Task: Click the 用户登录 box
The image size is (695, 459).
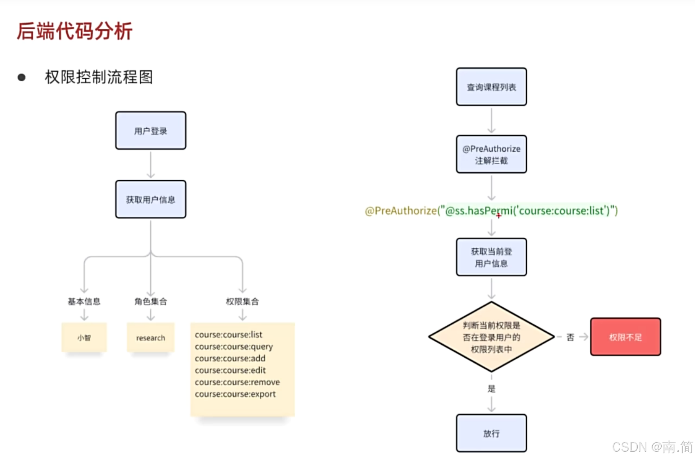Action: (151, 131)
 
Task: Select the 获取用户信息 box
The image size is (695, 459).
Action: (151, 199)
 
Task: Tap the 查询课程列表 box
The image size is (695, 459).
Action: (491, 87)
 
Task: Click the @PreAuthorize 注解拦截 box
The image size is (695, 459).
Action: (491, 154)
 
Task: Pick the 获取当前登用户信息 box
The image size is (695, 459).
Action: (491, 257)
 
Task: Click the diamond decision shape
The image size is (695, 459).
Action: (491, 337)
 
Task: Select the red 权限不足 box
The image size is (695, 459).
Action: (625, 337)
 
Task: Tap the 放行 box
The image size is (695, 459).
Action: (491, 433)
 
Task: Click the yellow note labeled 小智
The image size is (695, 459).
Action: (84, 337)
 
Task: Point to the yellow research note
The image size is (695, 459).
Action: (151, 337)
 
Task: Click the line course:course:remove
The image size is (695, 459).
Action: (237, 382)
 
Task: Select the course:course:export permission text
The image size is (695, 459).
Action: (235, 394)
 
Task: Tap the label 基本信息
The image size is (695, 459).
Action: (84, 301)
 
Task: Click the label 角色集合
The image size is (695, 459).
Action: (151, 301)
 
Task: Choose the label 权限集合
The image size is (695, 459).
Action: (242, 301)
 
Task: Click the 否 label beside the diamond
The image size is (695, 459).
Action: (570, 337)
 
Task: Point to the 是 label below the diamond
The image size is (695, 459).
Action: (491, 389)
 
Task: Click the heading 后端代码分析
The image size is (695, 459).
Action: (75, 31)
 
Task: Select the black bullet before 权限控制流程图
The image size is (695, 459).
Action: (22, 77)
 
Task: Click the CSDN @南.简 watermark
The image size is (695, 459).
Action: (652, 447)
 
